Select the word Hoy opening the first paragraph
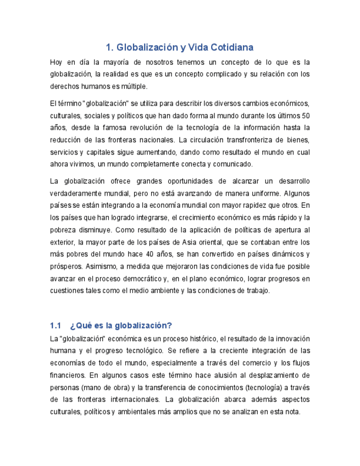56,62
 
